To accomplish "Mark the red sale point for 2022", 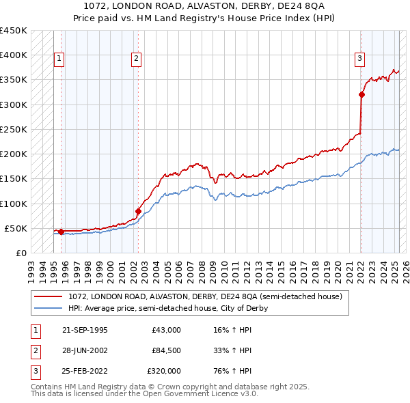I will (x=361, y=95).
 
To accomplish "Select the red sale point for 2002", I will (x=138, y=211).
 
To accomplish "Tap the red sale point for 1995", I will (x=61, y=232).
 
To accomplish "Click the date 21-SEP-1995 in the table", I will (x=85, y=330).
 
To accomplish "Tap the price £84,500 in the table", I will (x=166, y=350).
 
